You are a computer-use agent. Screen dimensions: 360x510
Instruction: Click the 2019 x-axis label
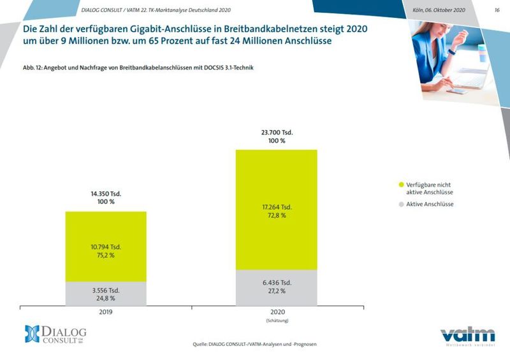tap(106, 313)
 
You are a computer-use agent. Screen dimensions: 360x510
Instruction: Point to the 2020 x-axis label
tap(276, 313)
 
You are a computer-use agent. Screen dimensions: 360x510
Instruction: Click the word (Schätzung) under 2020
tap(276, 320)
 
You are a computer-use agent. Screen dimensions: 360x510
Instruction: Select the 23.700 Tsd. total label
tap(276, 133)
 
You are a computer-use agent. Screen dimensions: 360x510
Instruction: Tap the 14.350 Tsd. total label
tap(106, 193)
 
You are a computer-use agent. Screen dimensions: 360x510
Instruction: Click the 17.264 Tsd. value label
tap(276, 207)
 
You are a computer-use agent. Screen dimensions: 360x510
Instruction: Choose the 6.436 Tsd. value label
tap(276, 282)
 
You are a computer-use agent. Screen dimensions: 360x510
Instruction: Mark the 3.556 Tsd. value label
tap(106, 290)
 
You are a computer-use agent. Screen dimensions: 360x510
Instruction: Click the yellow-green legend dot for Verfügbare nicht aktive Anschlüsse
tap(401, 185)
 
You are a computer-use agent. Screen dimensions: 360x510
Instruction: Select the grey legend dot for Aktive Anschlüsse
tap(401, 205)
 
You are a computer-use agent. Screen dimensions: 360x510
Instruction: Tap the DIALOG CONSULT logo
tap(55, 333)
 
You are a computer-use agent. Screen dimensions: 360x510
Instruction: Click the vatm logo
tap(467, 336)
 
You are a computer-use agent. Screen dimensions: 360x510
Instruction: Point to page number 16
tap(497, 10)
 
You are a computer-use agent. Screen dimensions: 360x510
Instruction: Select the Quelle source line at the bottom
tap(254, 345)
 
